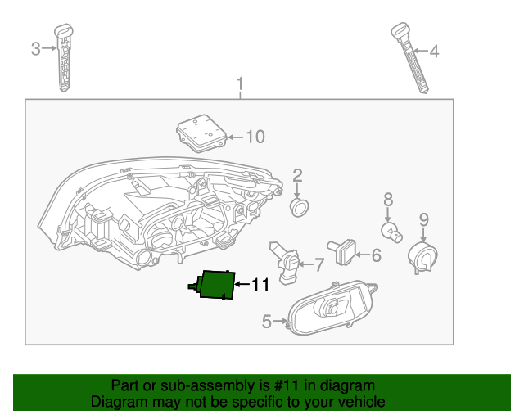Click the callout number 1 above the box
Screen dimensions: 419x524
pyautogui.click(x=240, y=84)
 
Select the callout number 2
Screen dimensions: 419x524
pyautogui.click(x=298, y=174)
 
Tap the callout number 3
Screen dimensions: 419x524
pyautogui.click(x=35, y=49)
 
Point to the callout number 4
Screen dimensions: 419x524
pyautogui.click(x=434, y=52)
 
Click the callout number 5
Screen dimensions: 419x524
pyautogui.click(x=267, y=322)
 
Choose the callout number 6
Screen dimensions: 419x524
pyautogui.click(x=376, y=255)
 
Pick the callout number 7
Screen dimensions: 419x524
pyautogui.click(x=318, y=264)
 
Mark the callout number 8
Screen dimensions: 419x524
pyautogui.click(x=388, y=199)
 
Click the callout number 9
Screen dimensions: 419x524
pyautogui.click(x=423, y=219)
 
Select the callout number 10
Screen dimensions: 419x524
pyautogui.click(x=255, y=137)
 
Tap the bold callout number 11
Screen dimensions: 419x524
pyautogui.click(x=260, y=285)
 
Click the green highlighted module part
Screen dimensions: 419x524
pyautogui.click(x=217, y=285)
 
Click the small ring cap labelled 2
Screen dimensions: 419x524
pyautogui.click(x=300, y=207)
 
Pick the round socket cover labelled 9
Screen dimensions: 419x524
pyautogui.click(x=423, y=255)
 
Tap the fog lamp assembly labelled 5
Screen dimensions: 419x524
pyautogui.click(x=332, y=309)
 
